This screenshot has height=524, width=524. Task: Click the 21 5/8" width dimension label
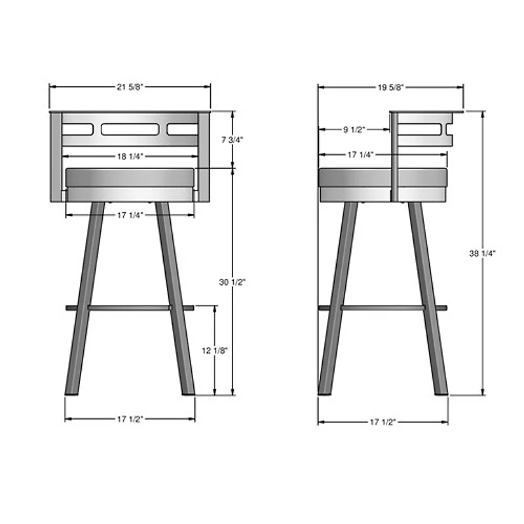pyautogui.click(x=130, y=87)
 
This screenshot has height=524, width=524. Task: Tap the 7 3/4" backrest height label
pyautogui.click(x=231, y=140)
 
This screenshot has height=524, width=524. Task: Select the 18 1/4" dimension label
pyautogui.click(x=130, y=156)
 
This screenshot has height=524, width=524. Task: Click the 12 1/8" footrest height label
pyautogui.click(x=214, y=350)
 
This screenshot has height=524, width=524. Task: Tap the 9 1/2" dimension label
pyautogui.click(x=354, y=129)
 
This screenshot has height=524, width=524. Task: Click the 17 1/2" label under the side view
pyautogui.click(x=383, y=422)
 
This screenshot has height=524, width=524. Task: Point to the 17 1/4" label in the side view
pyautogui.click(x=360, y=155)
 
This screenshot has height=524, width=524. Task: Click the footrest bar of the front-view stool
pyautogui.click(x=130, y=307)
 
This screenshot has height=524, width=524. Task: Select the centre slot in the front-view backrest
pyautogui.click(x=130, y=129)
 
